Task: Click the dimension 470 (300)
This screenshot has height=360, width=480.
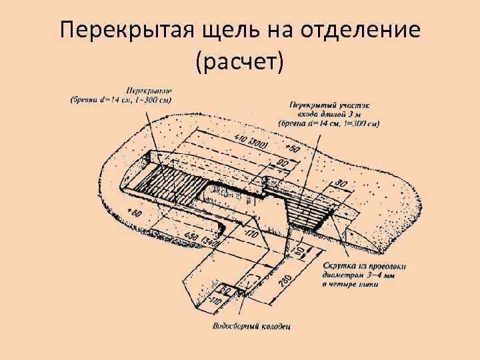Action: point(251,141)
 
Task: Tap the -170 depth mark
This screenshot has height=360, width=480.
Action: point(251,234)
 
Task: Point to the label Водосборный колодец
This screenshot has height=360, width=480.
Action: point(251,327)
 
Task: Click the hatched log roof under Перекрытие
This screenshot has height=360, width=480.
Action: point(173,182)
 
